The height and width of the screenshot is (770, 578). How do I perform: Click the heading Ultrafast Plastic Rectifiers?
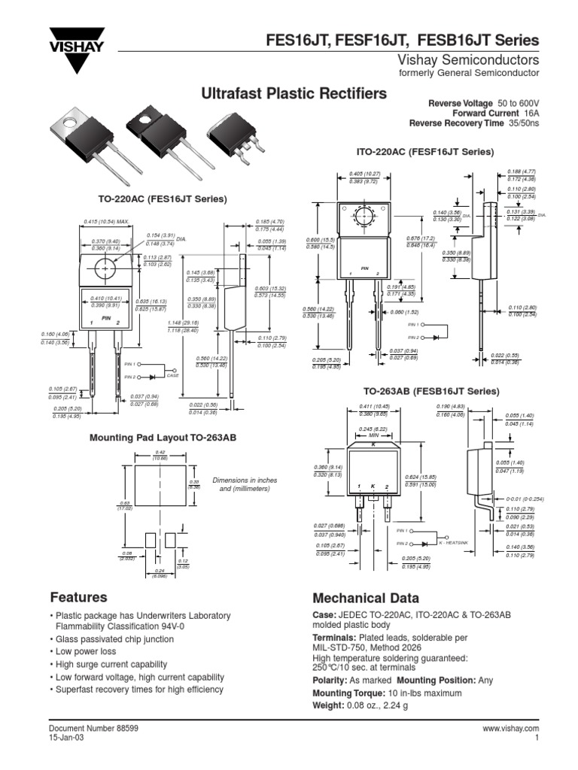coord(294,93)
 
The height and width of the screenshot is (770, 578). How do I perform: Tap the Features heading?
coord(78,598)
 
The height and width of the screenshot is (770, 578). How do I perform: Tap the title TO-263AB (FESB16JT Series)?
coord(430,391)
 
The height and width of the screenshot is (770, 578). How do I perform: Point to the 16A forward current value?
coord(533,112)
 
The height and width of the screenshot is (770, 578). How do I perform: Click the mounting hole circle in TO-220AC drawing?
coord(107,268)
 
